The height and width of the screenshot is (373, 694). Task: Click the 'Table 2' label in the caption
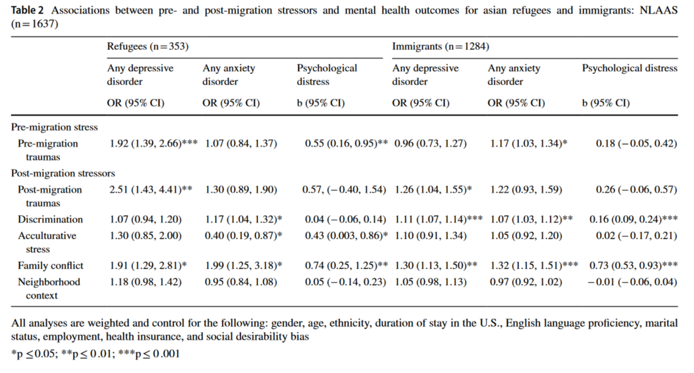[x=27, y=11]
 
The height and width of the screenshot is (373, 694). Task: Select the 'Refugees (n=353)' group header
[x=148, y=46]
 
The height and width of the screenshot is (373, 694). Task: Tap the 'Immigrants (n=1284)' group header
[x=440, y=46]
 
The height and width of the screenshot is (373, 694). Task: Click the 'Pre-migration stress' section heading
[x=54, y=127]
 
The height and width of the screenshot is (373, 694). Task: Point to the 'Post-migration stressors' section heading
[x=63, y=173]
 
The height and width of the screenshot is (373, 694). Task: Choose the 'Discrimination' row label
[x=50, y=220]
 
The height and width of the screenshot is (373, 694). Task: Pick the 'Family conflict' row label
[x=51, y=265]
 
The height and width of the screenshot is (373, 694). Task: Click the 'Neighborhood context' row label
[x=49, y=289]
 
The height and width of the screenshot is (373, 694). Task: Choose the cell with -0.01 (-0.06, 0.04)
[x=633, y=282]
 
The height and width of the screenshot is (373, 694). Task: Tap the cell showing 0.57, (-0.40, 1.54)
[x=344, y=189]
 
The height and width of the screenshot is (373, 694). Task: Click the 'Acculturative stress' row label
[x=47, y=242]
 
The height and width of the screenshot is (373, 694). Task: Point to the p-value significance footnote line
[x=96, y=353]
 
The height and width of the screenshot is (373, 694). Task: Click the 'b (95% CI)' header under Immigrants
[x=606, y=103]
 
